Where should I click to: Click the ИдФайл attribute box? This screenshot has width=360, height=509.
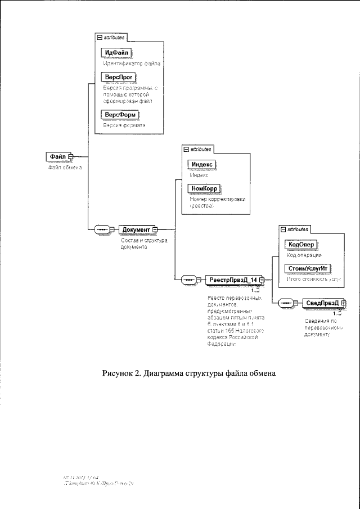pos(115,52)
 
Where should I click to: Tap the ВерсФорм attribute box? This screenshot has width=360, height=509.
pos(119,115)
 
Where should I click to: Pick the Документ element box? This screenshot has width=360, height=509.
pos(136,229)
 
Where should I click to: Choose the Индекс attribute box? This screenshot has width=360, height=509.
pos(201,164)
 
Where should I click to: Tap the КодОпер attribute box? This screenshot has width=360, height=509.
pos(301,244)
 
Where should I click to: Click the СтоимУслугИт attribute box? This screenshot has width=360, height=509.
pos(307,268)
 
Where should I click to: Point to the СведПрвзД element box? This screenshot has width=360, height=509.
pos(322,303)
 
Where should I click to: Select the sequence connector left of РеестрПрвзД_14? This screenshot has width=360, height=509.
pos(188,280)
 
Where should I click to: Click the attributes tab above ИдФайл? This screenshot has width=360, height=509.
pos(113,37)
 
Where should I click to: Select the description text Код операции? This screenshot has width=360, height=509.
pos(304,255)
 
